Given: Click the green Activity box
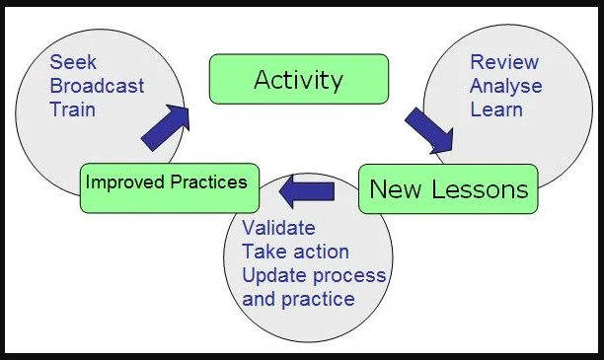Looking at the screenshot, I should coord(297,79).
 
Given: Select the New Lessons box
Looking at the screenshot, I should coord(448,187).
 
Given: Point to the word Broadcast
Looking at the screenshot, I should coord(96,85).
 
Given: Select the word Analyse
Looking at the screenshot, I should coord(505,86).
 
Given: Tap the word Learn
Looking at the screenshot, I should coord(494,108).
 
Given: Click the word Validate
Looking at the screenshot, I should coord(278,229).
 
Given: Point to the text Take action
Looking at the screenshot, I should coord(295,252).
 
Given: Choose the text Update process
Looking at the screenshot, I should coord(314,274).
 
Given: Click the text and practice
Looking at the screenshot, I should coord(298,298).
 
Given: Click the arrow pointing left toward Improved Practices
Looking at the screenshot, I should coord(306,187).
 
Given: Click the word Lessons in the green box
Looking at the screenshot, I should coord(479,187).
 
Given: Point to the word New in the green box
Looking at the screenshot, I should coord(393,187).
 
